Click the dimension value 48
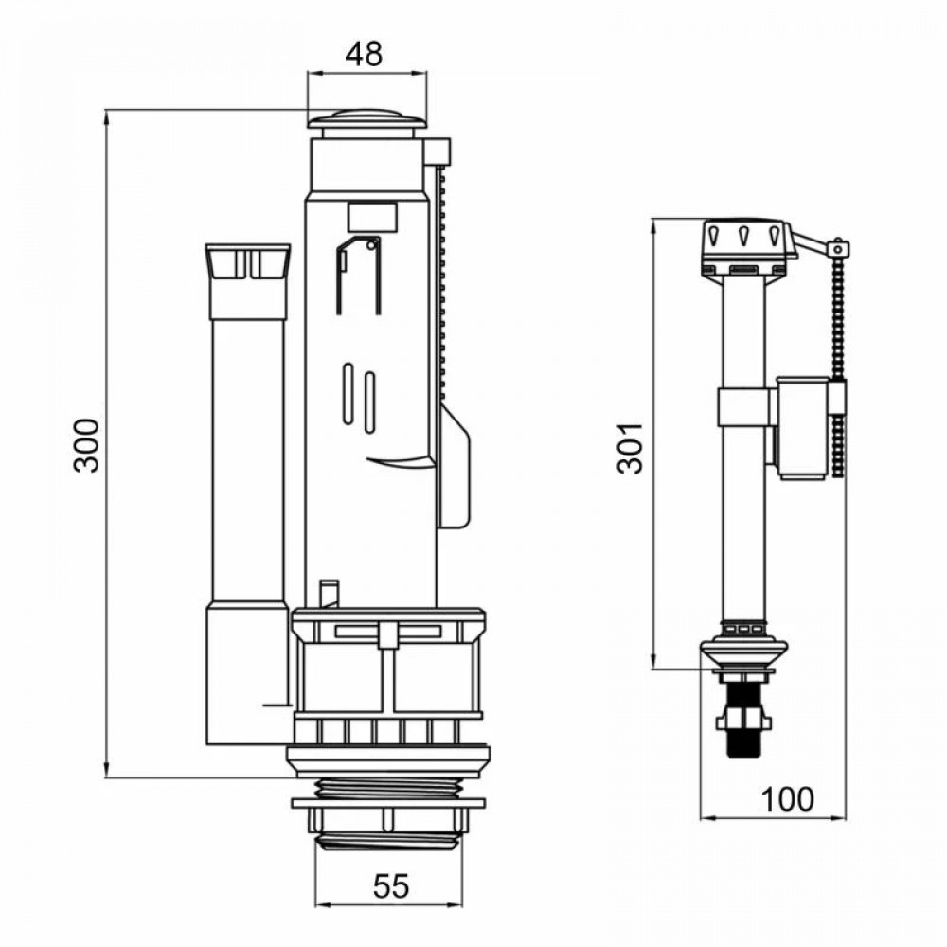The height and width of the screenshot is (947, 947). click(x=365, y=55)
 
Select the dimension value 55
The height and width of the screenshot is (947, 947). click(x=390, y=886)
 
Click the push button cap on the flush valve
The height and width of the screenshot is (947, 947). click(x=366, y=120)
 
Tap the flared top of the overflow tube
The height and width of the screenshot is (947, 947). click(x=247, y=261)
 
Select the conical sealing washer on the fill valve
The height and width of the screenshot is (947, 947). click(x=743, y=652)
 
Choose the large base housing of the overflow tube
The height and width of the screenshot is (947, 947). click(x=246, y=674)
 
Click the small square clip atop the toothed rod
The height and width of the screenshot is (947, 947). click(x=438, y=152)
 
